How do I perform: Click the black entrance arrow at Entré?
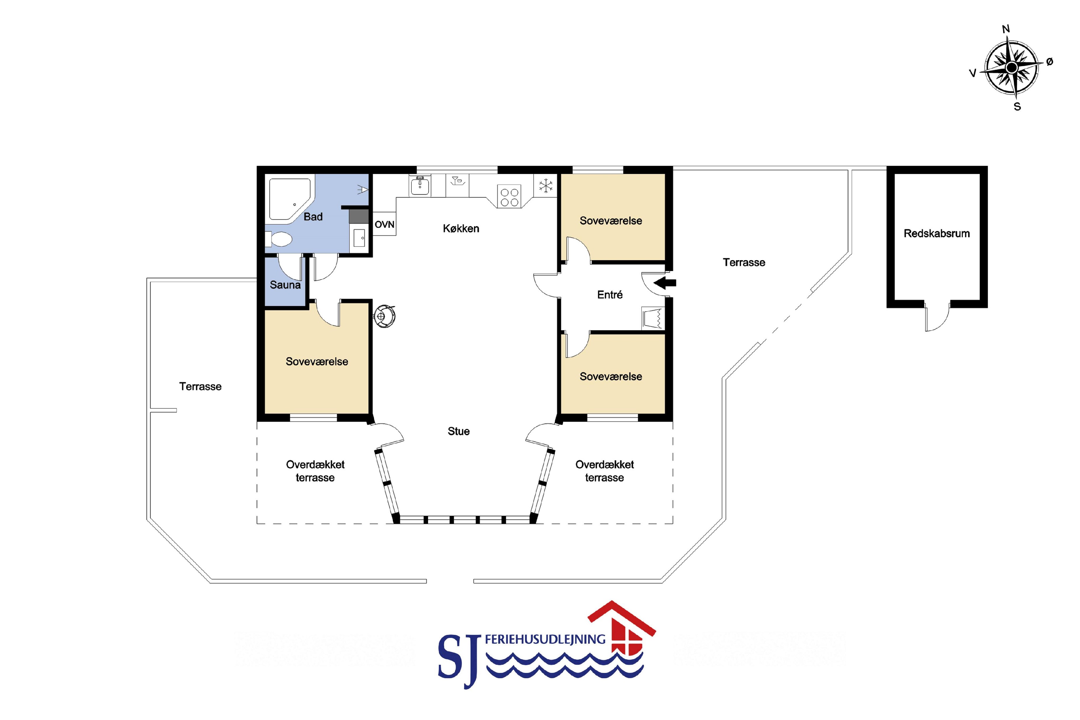pos(664,283)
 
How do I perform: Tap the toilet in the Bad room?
pos(278,239)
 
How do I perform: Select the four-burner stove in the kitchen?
pos(509,197)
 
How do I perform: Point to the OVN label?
pos(384,225)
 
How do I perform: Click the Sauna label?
pos(285,285)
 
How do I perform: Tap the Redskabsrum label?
pos(936,233)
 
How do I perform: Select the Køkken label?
pos(461,228)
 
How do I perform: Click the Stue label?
pos(458,431)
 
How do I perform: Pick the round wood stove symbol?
pos(385,316)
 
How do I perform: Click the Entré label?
pos(610,295)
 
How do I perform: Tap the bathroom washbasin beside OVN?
pos(359,238)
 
